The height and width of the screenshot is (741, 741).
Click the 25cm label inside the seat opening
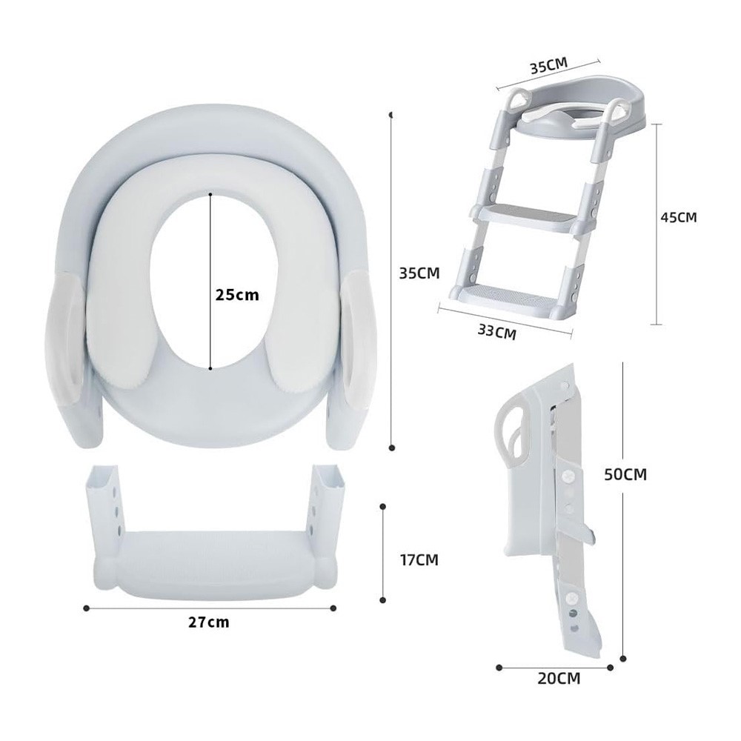coord(237,295)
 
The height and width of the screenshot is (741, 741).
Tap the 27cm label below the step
coord(209,622)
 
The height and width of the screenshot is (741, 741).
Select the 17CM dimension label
coord(419,560)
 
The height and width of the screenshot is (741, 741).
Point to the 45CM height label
coord(679,217)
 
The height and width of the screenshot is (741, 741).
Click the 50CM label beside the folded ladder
coord(625,474)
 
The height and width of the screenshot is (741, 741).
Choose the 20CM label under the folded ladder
coord(559,679)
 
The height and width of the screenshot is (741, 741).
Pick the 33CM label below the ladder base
coord(496,332)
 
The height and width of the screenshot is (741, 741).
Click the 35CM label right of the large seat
coord(419,273)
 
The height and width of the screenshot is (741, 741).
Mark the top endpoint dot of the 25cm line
coord(210,193)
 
